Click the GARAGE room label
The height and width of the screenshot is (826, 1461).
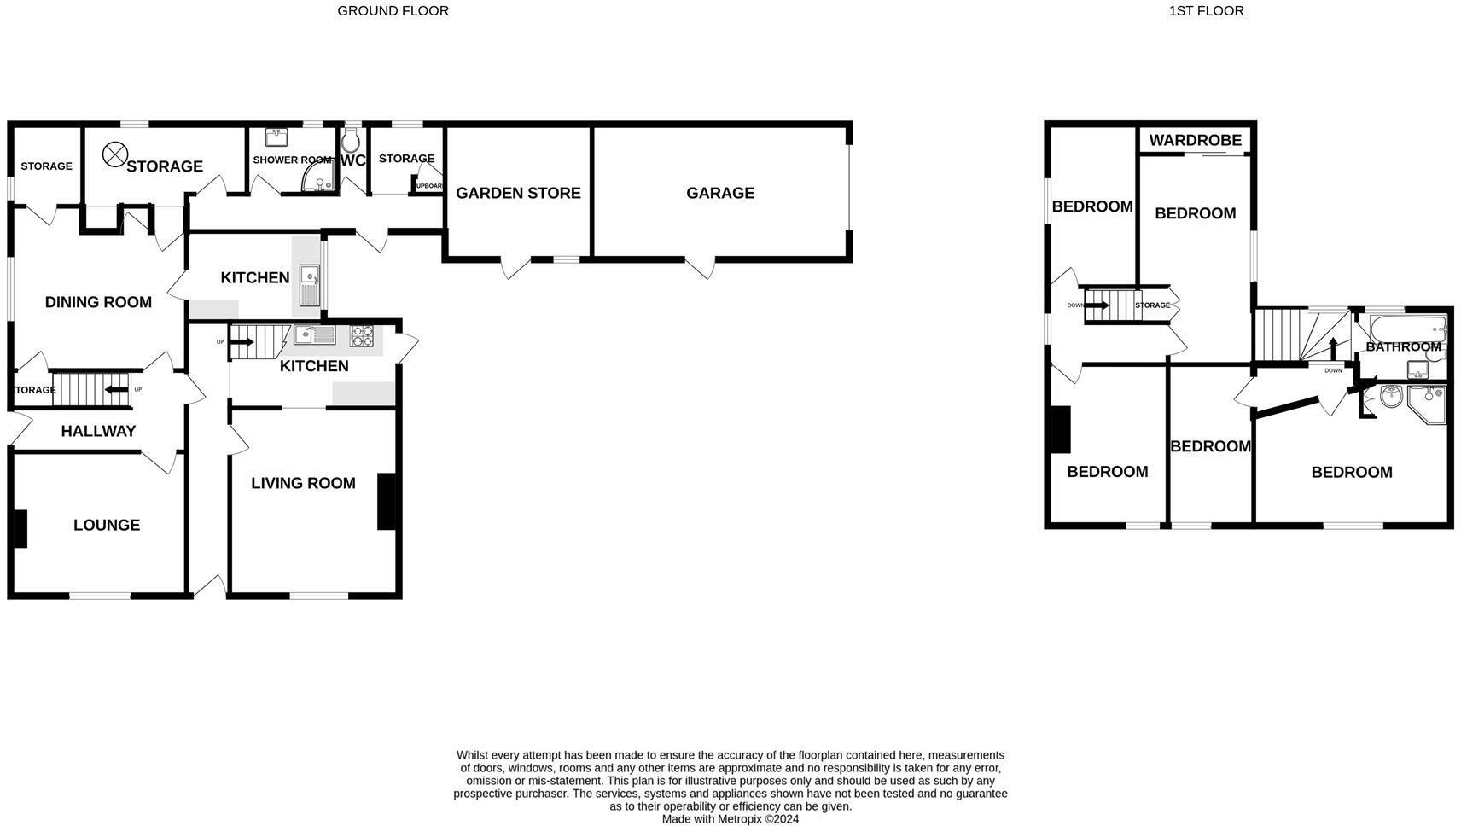[x=719, y=193]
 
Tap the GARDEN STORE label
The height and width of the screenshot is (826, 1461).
[x=518, y=193]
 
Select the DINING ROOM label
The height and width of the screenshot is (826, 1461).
[x=98, y=302]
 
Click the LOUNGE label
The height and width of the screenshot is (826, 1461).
[x=107, y=525]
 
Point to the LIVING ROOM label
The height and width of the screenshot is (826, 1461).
[x=303, y=483]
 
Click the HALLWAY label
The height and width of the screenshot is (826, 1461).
[x=98, y=431]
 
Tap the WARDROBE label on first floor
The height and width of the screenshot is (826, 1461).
[x=1194, y=141]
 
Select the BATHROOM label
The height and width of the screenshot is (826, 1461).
[x=1403, y=346]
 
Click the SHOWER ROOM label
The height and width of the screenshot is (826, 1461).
[x=292, y=160]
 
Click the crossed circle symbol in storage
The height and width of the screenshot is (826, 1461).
[x=114, y=154]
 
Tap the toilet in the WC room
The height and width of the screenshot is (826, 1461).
[x=351, y=141]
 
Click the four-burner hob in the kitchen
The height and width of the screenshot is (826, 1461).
[x=362, y=335]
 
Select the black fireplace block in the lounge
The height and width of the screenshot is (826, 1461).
[x=20, y=528]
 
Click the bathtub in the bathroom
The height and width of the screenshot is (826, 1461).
[x=1406, y=328]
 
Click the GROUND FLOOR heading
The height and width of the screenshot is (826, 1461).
[x=393, y=11]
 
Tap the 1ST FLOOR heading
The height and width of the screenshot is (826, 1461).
[x=1206, y=11]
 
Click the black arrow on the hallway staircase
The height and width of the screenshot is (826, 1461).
[x=116, y=390]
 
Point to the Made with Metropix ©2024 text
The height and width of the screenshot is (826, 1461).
[x=730, y=819]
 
